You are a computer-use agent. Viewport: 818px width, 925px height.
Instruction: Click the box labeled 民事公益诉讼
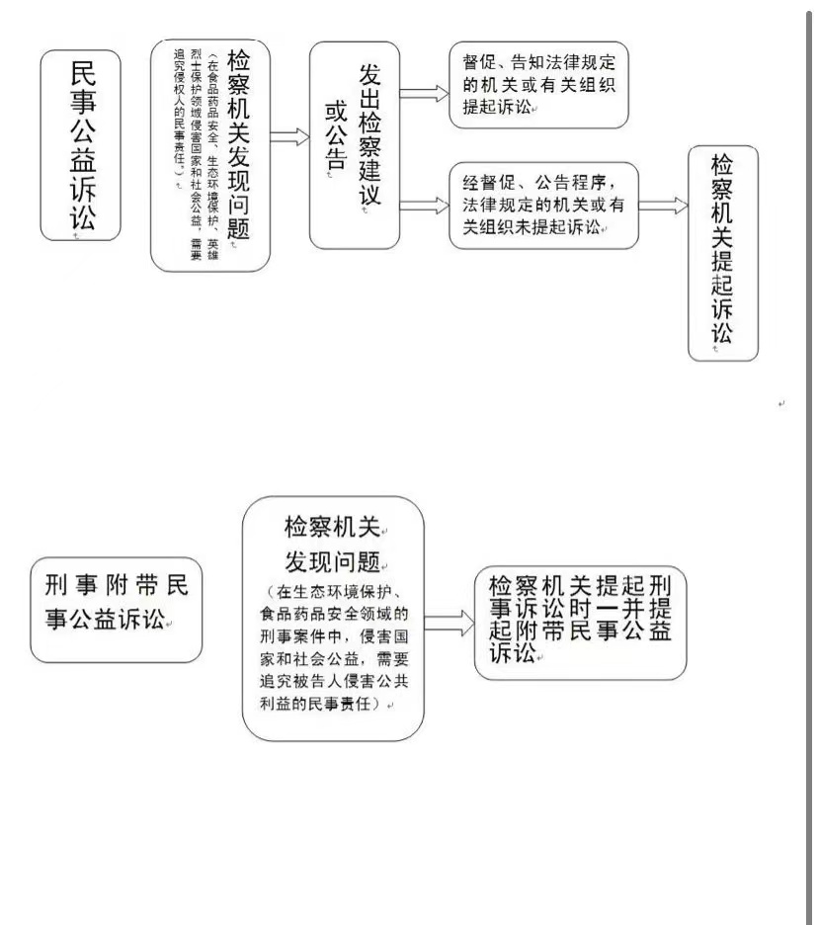click(x=81, y=145)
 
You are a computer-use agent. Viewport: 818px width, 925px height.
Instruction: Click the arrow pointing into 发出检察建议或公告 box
click(x=289, y=136)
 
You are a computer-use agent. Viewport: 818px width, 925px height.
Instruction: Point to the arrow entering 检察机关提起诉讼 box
click(x=664, y=206)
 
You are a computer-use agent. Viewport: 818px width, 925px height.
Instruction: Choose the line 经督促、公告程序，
click(x=539, y=183)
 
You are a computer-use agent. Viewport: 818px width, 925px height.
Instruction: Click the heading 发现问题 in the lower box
click(x=333, y=563)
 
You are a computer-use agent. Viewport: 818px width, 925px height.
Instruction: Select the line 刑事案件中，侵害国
click(x=333, y=634)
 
